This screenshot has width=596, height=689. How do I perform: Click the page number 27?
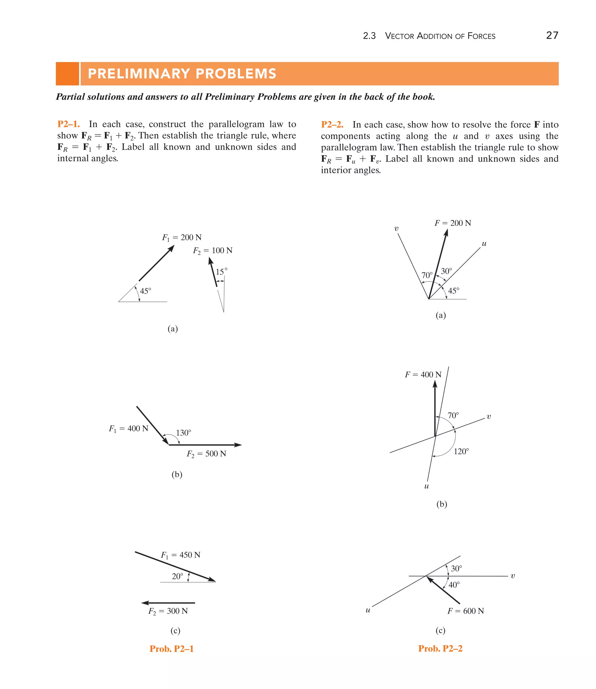click(552, 35)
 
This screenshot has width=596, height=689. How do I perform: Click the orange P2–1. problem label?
click(68, 124)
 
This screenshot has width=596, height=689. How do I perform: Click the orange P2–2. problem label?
click(332, 125)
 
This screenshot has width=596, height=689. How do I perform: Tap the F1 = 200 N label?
click(182, 237)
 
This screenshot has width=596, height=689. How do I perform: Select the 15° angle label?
click(221, 272)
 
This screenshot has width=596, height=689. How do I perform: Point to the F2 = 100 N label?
click(212, 251)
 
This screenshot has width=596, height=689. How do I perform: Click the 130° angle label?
click(184, 433)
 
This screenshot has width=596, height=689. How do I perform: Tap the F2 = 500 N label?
click(206, 454)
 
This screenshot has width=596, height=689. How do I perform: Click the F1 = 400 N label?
click(128, 428)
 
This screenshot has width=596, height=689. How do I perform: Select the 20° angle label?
click(177, 576)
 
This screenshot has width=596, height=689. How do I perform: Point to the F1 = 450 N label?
click(181, 555)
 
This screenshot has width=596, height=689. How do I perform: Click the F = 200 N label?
click(453, 223)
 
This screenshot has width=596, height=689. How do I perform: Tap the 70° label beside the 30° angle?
click(427, 275)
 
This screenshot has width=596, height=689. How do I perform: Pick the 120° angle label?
click(461, 451)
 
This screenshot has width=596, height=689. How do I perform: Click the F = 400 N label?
click(423, 374)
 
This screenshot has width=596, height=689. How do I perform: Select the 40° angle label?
click(454, 585)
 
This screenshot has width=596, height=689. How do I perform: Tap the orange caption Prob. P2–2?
click(440, 649)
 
